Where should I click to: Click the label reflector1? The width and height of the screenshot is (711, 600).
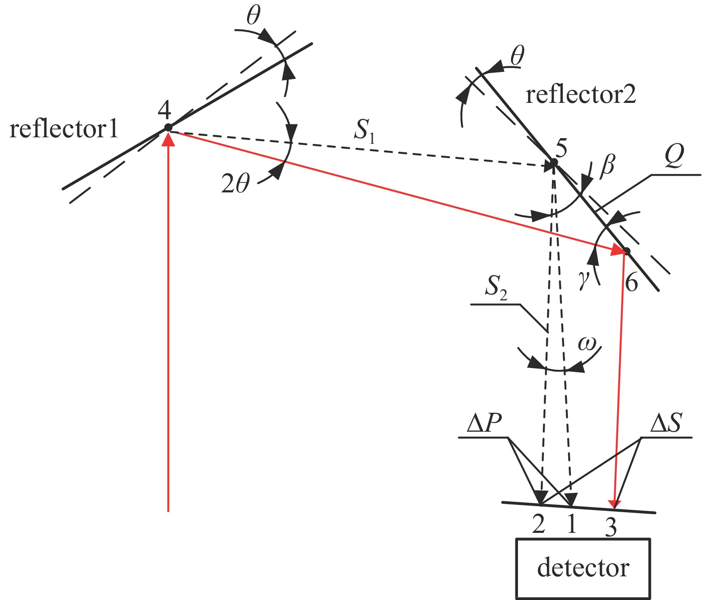coord(64,129)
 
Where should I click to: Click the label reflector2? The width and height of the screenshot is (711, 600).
coord(580,95)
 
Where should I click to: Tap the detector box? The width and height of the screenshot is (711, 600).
coord(583,568)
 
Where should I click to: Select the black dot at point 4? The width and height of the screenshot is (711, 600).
coord(168,127)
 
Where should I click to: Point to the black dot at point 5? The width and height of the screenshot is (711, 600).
coord(554,162)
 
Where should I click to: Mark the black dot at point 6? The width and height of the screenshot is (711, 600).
coord(627,251)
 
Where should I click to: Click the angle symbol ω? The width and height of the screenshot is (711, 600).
coord(587,343)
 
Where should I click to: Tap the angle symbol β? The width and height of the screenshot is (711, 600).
coord(607,164)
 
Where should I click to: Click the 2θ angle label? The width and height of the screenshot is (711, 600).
coord(235,184)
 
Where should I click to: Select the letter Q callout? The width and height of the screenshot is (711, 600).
coord(674,158)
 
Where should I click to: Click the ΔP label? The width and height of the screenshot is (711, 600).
coord(484,424)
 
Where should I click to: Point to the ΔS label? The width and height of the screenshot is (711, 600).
coord(666,424)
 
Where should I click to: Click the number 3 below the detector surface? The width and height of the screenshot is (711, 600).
coord(610,527)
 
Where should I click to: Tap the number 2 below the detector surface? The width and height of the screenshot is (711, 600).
coord(539,524)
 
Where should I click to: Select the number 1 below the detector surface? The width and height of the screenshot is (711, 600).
coord(571,524)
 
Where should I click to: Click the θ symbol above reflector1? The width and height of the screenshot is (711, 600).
coord(253,16)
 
